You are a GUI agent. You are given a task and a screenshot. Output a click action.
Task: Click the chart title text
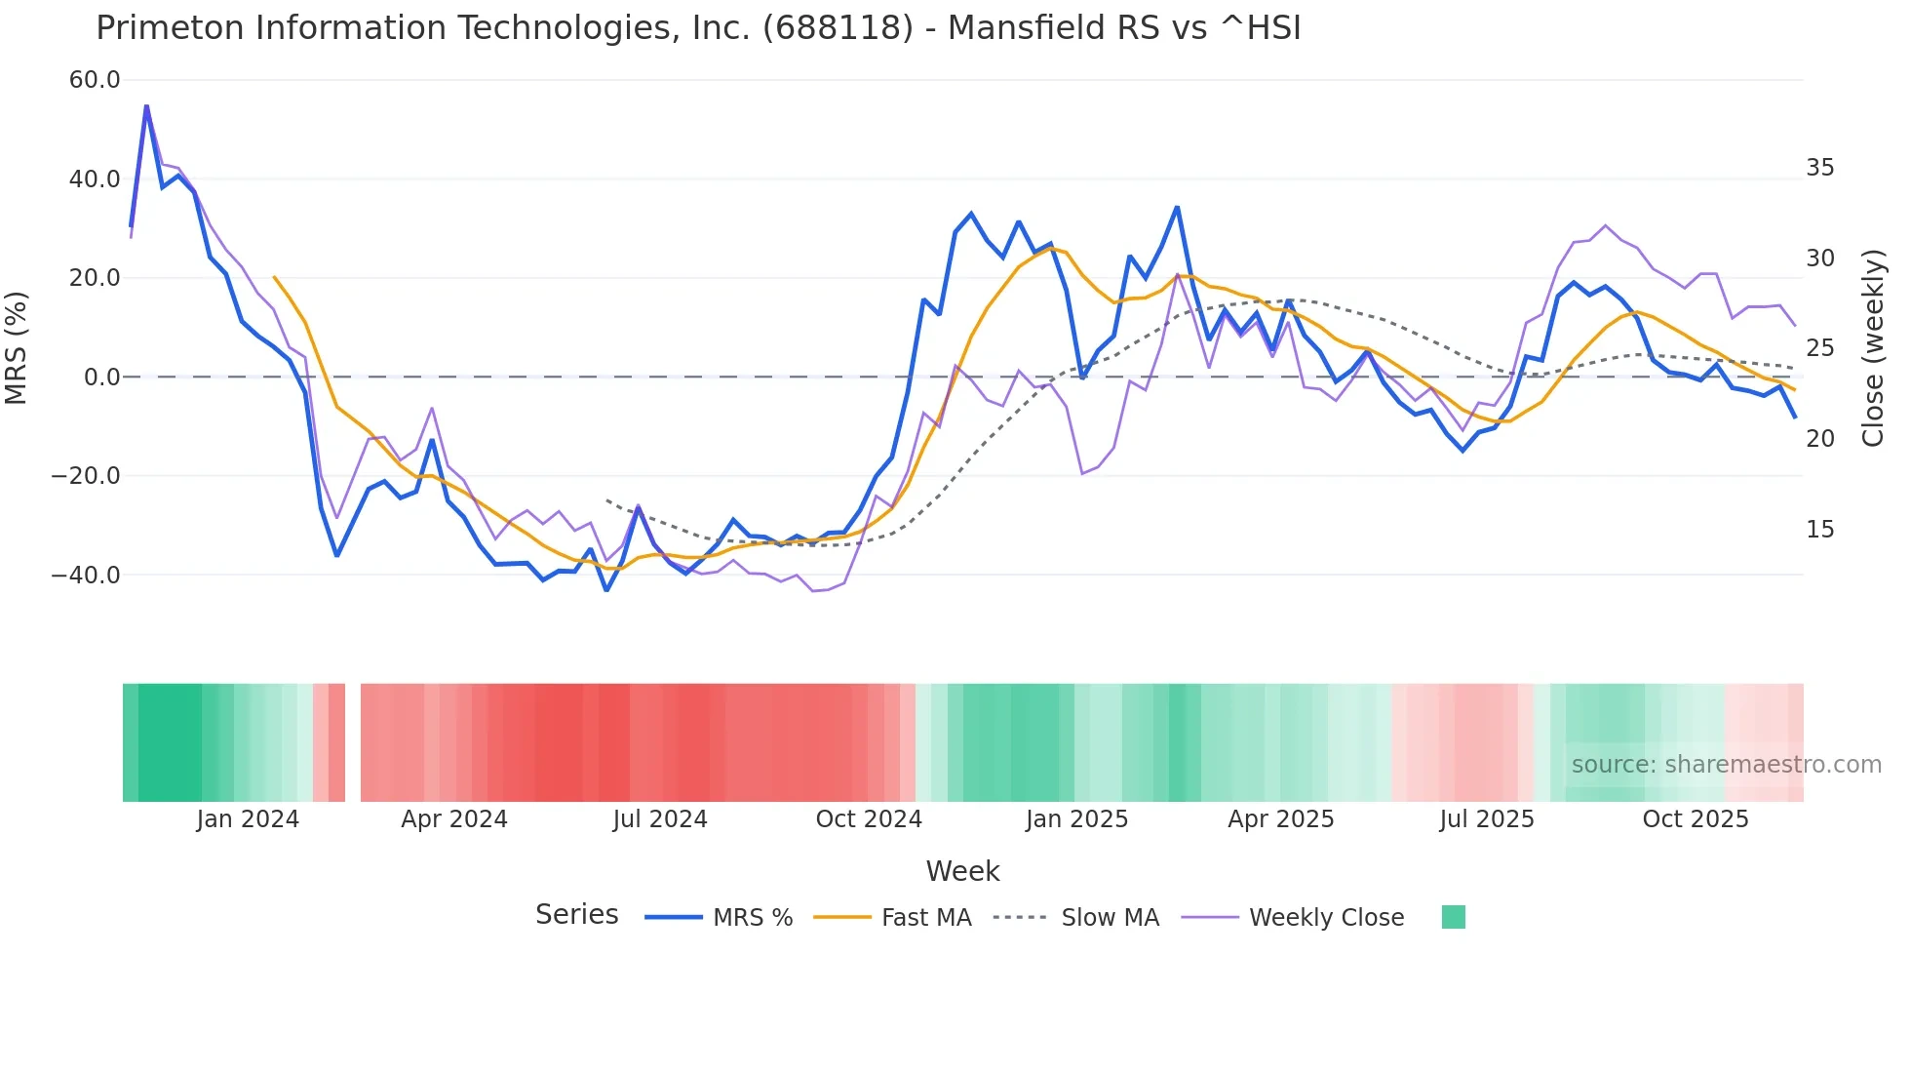click(x=698, y=28)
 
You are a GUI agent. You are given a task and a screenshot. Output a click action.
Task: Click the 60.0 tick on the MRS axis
click(x=95, y=80)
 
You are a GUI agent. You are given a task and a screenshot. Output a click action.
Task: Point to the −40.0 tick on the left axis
click(x=86, y=576)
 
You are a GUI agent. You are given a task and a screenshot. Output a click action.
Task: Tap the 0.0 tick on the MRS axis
click(x=102, y=378)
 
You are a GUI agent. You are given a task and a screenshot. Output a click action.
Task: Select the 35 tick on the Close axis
click(x=1819, y=168)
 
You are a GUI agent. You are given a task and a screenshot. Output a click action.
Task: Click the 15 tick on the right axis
click(x=1819, y=530)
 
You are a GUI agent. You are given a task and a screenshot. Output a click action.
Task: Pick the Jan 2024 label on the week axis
click(x=248, y=819)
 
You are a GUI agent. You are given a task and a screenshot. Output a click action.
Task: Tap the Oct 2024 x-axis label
click(x=869, y=819)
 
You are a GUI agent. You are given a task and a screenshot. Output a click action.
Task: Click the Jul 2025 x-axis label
click(x=1487, y=819)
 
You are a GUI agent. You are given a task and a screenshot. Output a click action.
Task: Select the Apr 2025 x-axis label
click(x=1280, y=819)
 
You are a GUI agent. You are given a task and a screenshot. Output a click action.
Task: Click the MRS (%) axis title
click(x=17, y=347)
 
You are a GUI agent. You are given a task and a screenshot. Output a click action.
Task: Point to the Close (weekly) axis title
click(x=1873, y=348)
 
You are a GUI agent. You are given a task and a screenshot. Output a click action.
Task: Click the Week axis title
click(x=962, y=871)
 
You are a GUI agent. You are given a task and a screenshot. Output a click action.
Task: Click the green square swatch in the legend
click(x=1453, y=917)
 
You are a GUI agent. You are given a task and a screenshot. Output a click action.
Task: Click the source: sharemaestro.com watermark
click(x=1726, y=765)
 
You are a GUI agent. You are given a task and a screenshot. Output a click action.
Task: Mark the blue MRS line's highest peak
click(x=146, y=105)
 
